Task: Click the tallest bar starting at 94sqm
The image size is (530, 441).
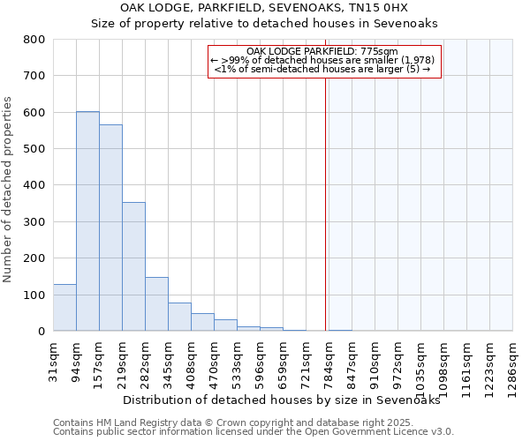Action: pyautogui.click(x=87, y=220)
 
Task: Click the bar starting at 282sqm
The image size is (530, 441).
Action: pyautogui.click(x=156, y=304)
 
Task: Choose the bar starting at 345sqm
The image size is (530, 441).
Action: pyautogui.click(x=179, y=317)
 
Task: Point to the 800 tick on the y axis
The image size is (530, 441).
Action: pyautogui.click(x=34, y=40)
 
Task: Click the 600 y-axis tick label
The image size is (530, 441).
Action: pyautogui.click(x=34, y=113)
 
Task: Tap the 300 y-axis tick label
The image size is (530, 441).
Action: pyautogui.click(x=34, y=222)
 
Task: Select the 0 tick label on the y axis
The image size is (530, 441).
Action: pyautogui.click(x=41, y=332)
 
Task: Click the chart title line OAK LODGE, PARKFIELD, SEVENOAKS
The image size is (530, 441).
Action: pyautogui.click(x=264, y=8)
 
